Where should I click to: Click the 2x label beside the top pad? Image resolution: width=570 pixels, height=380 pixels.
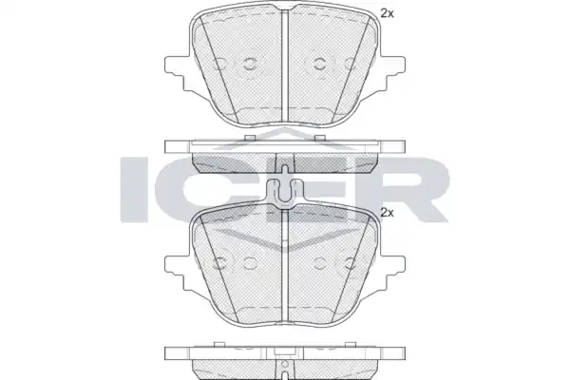point(388,14)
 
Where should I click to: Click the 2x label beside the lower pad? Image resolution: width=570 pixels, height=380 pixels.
point(388,213)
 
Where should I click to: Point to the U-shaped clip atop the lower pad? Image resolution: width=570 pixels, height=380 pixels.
point(285,194)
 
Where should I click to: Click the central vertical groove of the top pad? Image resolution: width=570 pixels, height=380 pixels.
point(285,66)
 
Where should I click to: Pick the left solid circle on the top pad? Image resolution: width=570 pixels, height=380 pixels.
point(250,64)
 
